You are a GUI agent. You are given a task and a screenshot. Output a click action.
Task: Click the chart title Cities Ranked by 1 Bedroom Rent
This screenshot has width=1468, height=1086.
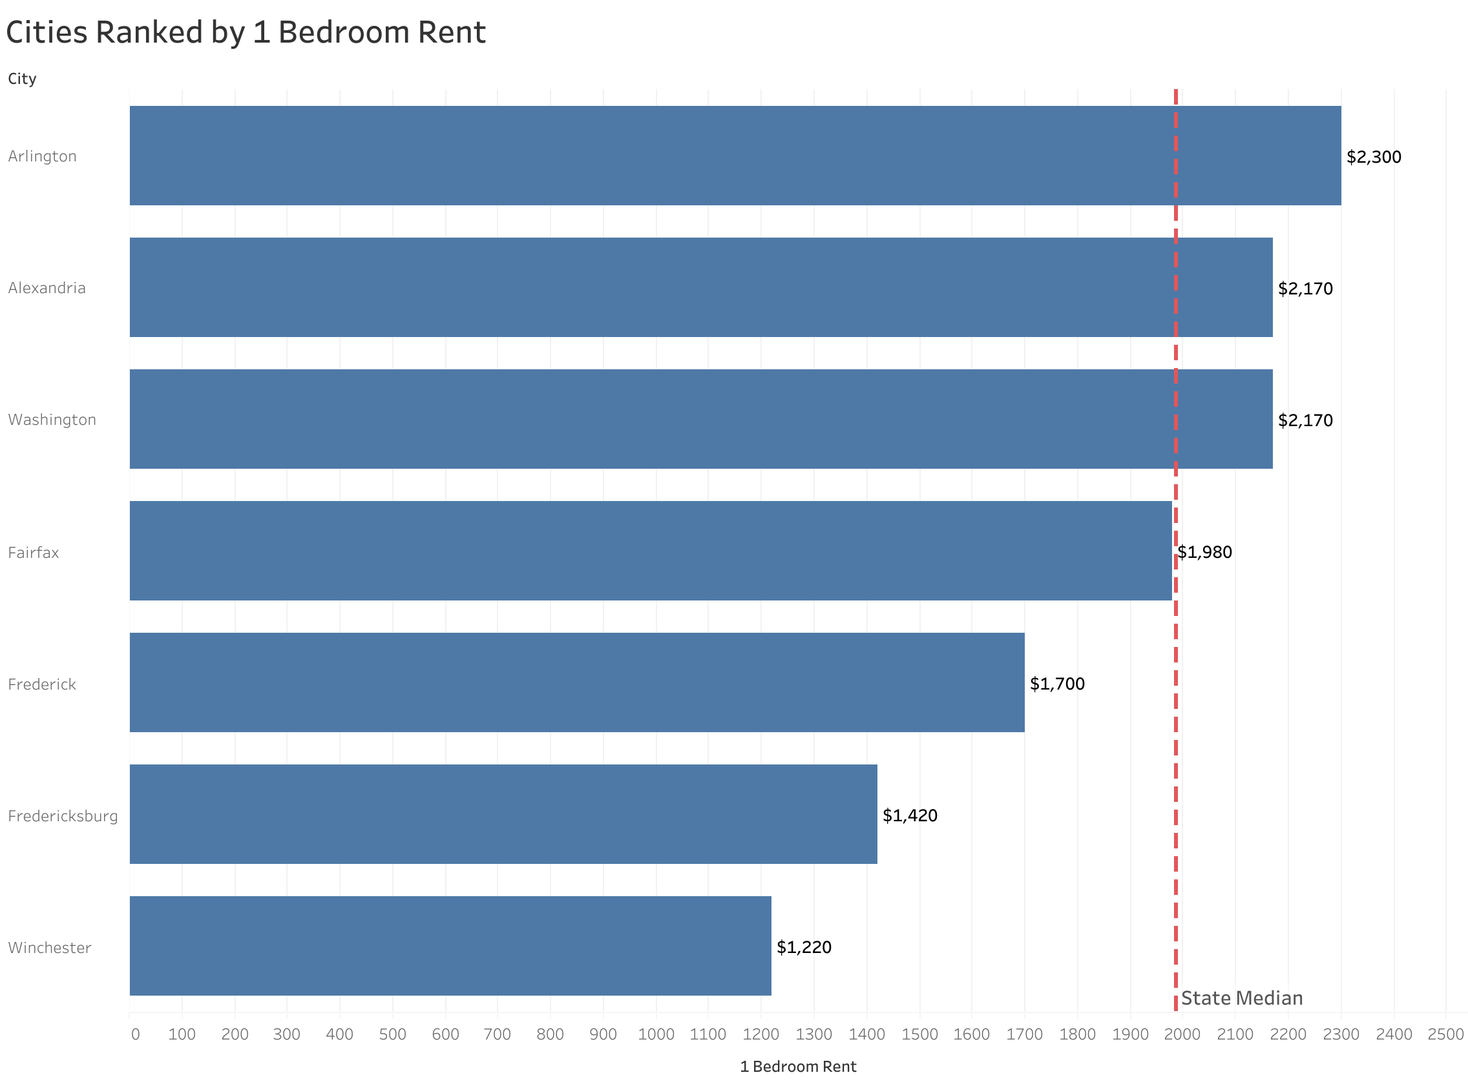pos(246,33)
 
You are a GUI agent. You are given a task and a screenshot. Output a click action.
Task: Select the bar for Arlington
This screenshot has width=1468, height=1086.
pos(735,156)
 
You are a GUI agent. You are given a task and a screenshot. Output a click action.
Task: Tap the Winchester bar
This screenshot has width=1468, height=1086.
pos(450,946)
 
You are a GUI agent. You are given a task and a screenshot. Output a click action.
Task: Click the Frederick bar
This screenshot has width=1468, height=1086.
pos(577,682)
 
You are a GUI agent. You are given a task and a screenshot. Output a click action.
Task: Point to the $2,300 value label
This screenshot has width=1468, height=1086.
pos(1373,157)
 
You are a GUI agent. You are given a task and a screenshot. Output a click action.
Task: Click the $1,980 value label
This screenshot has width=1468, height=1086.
pos(1204,552)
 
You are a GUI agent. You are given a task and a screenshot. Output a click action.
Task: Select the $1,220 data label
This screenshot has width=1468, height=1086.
pos(804,947)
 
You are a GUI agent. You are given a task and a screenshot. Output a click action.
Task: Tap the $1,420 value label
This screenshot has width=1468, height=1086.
pos(910,816)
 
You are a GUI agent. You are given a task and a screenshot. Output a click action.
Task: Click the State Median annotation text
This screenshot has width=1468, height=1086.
pos(1242,999)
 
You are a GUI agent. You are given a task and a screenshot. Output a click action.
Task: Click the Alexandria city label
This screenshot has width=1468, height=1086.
pos(47,288)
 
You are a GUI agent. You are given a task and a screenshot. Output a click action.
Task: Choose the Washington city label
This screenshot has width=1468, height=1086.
pos(52,420)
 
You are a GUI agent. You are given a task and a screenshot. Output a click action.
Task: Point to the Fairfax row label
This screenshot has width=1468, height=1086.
pos(34,553)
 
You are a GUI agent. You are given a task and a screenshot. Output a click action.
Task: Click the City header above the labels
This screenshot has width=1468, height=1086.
pos(22,79)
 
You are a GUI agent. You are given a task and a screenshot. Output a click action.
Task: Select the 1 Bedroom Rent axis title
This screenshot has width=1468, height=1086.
pos(798,1067)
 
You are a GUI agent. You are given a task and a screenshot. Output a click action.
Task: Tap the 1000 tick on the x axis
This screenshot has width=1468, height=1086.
pos(656,1035)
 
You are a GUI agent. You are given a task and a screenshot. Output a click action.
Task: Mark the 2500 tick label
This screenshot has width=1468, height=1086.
pos(1445,1035)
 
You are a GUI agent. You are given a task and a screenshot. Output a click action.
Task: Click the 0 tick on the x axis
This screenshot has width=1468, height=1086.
pos(136,1035)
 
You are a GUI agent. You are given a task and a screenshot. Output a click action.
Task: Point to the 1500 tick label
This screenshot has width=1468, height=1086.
pos(919,1035)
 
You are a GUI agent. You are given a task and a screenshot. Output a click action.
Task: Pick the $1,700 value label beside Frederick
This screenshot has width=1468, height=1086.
pos(1057,684)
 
